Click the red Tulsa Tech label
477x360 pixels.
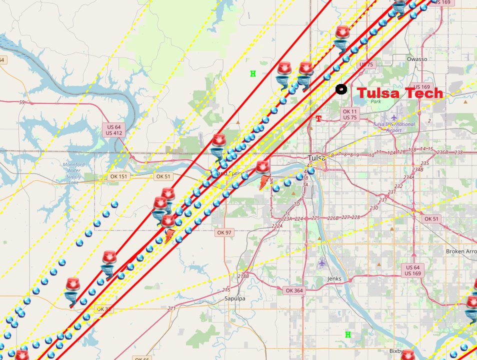click(x=400, y=93)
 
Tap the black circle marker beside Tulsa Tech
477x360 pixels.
click(x=341, y=89)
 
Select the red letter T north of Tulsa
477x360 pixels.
click(x=318, y=118)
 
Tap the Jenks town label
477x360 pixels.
click(x=334, y=278)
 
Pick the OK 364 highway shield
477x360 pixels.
click(x=294, y=290)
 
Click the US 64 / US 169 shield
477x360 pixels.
click(x=412, y=270)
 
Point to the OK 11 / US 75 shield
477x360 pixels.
click(x=350, y=114)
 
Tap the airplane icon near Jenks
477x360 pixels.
click(x=321, y=261)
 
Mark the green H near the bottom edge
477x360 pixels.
click(x=347, y=334)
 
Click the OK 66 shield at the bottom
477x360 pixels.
click(x=141, y=358)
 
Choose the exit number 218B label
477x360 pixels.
click(x=243, y=275)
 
